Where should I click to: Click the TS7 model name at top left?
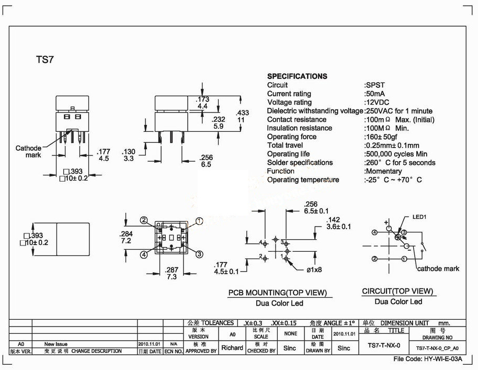pyautogui.click(x=45, y=59)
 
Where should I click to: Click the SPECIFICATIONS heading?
pyautogui.click(x=297, y=76)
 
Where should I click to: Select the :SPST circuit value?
pyautogui.click(x=374, y=85)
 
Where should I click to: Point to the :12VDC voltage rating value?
pyautogui.click(x=377, y=102)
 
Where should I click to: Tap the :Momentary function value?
pyautogui.click(x=383, y=171)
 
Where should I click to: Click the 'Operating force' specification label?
pyautogui.click(x=292, y=137)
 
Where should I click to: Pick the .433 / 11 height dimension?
pyautogui.click(x=242, y=116)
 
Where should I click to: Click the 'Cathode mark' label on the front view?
pyautogui.click(x=29, y=152)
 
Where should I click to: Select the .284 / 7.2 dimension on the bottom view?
pyautogui.click(x=126, y=237)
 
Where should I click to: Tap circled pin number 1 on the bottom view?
pyautogui.click(x=199, y=221)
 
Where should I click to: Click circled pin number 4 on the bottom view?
pyautogui.click(x=144, y=254)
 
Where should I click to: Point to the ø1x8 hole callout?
pyautogui.click(x=314, y=270)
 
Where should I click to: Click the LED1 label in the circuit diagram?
pyautogui.click(x=419, y=217)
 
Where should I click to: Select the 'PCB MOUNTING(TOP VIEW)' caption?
pyautogui.click(x=277, y=293)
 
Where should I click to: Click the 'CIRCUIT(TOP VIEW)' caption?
pyautogui.click(x=397, y=291)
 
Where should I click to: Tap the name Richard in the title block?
pyautogui.click(x=232, y=347)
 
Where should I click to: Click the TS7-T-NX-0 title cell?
pyautogui.click(x=384, y=345)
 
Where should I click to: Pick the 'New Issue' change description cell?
pyautogui.click(x=56, y=344)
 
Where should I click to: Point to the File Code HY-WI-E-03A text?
pyautogui.click(x=428, y=358)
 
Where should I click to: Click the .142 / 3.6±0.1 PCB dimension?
pyautogui.click(x=338, y=223)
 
